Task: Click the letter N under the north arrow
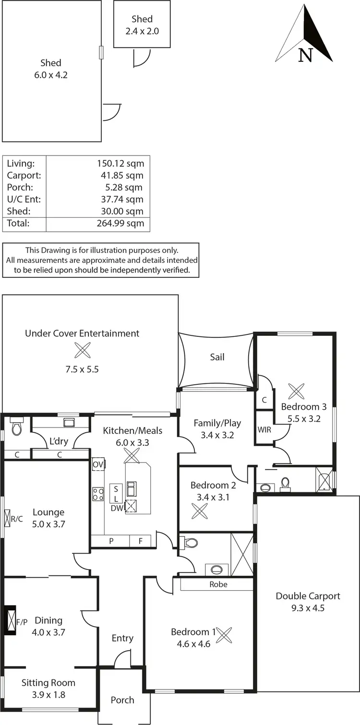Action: pos(305,55)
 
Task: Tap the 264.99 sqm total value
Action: pos(120,223)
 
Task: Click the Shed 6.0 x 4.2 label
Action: pos(50,69)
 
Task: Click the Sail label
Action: pos(217,357)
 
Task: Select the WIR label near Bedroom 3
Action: pos(264,429)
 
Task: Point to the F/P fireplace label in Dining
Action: pos(22,622)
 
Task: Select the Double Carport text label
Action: pos(308,596)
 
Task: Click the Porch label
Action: pos(122,700)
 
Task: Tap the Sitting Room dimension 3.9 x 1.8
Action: pos(48,694)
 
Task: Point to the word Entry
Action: pos(122,638)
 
